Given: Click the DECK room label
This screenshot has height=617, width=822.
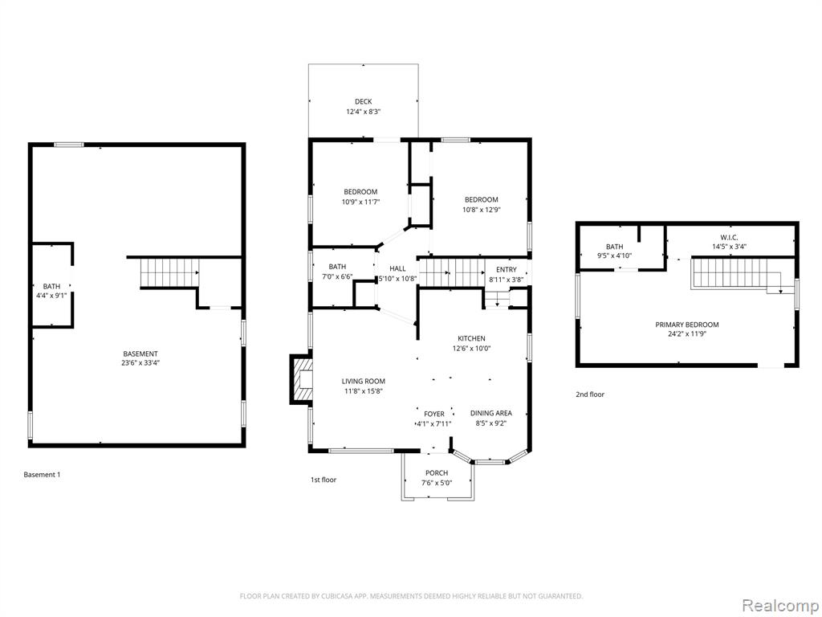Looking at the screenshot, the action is (364, 102).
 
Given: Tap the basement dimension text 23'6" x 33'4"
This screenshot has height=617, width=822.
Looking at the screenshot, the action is (140, 362).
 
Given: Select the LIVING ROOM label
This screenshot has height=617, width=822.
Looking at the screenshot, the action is (364, 382).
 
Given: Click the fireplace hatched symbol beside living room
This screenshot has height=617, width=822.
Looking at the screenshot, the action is (303, 379).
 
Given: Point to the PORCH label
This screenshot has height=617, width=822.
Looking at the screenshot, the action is (437, 473).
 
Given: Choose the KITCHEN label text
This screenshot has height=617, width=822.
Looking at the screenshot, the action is (471, 339).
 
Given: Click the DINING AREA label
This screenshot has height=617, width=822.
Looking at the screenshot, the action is (490, 414).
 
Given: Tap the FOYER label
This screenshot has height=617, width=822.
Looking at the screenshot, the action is (434, 415).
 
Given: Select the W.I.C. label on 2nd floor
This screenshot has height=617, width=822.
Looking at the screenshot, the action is (729, 238).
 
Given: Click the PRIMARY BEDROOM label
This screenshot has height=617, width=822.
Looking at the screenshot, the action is (687, 325).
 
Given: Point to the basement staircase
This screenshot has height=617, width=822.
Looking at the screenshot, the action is (170, 273).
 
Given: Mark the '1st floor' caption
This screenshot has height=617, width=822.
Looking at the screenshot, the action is (324, 480).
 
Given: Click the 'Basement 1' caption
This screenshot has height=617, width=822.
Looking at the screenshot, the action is (42, 475).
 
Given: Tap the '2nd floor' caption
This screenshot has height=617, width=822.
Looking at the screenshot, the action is (590, 394).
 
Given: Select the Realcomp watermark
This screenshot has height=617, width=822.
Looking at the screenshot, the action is (779, 605).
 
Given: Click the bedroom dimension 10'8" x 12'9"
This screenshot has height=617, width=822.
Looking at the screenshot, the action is (482, 210).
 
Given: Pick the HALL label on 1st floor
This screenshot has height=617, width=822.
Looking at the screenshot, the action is (397, 268).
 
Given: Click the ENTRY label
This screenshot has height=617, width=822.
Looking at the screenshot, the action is (506, 270).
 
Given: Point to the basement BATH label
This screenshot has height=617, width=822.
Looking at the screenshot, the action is (51, 287).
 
